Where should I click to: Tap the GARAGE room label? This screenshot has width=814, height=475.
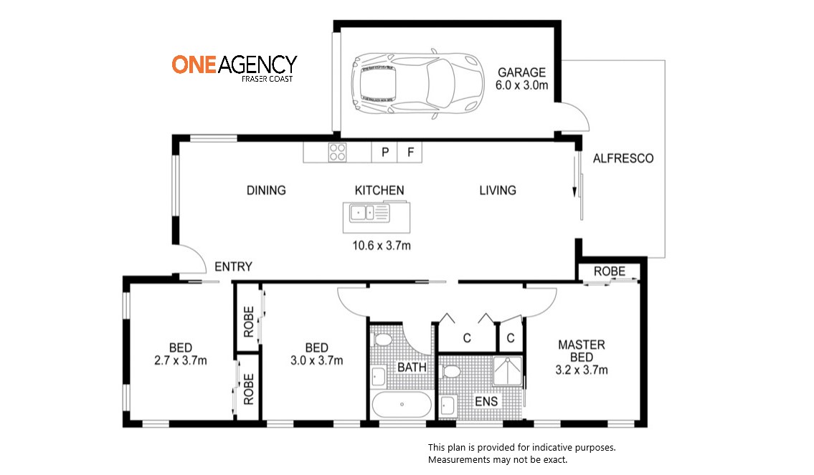click(x=521, y=72)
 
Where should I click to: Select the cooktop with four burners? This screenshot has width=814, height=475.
click(x=338, y=153)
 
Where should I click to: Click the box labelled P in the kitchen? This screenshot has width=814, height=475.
click(x=384, y=153)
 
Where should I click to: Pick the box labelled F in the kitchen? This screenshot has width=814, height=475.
click(x=410, y=153)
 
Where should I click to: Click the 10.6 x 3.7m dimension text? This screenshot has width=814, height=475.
click(x=382, y=246)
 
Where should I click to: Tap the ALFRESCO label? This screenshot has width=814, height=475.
click(x=623, y=158)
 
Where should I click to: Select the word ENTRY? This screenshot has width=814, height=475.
click(x=233, y=267)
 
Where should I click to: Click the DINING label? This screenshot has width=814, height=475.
click(x=266, y=191)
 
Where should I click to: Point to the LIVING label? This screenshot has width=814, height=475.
click(x=497, y=191)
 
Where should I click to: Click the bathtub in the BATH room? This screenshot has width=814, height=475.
click(x=402, y=405)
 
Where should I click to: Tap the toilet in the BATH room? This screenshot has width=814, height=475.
click(x=382, y=341)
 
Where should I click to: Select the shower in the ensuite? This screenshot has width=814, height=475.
click(x=507, y=371)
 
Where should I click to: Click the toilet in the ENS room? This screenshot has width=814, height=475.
click(x=450, y=372)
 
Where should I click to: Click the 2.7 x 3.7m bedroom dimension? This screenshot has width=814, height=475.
click(x=181, y=360)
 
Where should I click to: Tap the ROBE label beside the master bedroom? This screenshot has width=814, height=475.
click(x=610, y=272)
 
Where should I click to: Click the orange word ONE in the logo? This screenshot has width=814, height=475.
click(x=194, y=64)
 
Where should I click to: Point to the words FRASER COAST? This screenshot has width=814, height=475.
click(x=267, y=79)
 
